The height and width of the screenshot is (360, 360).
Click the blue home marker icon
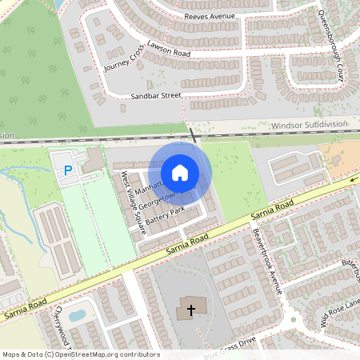click(180, 172)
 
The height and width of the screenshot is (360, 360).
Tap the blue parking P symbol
click(68, 170)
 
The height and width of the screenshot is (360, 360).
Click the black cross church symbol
click(191, 309)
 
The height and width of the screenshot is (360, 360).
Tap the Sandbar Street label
click(157, 95)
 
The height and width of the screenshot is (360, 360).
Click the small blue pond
click(77, 314)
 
